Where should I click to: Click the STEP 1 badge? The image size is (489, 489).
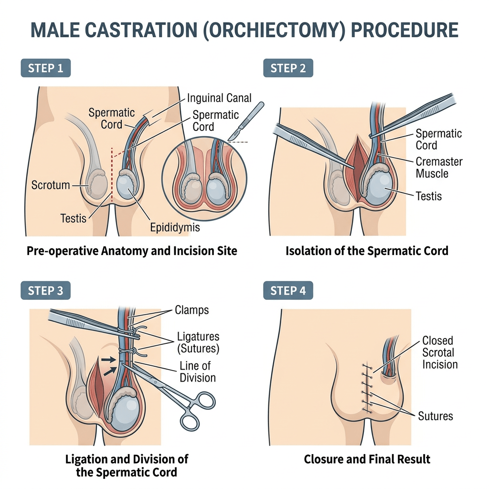point(45,68)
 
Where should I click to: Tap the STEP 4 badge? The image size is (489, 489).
point(288,290)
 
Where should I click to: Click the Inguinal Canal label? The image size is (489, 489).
point(219,98)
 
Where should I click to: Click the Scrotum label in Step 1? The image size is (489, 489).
point(51,185)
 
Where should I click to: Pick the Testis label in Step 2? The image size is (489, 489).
point(428,196)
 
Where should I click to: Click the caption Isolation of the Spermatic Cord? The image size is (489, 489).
point(367,250)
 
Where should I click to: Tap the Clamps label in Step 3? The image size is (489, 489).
point(191,310)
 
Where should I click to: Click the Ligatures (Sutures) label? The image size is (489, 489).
point(198,342)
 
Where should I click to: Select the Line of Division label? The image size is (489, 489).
point(197,372)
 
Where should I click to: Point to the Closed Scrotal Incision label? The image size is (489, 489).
point(439,352)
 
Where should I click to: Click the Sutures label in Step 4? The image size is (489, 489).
point(435,415)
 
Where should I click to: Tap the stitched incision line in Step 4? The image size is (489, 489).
point(367,387)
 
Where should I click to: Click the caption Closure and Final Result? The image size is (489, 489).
point(367,459)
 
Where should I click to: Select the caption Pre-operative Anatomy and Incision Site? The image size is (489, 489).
point(131,250)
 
